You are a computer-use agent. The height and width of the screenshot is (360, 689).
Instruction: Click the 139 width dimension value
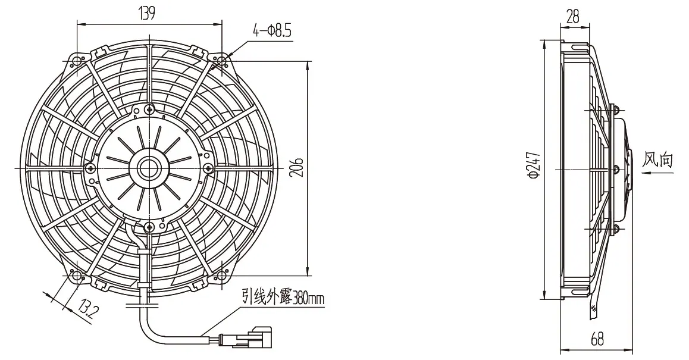[x=147, y=14]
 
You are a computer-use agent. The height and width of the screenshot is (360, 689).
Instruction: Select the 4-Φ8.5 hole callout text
[x=272, y=31]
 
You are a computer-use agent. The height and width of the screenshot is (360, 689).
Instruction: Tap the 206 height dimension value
[x=297, y=165]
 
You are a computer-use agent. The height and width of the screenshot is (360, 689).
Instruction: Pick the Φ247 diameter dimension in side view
[x=534, y=165]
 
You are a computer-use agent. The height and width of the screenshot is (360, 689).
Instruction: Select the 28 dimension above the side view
[x=573, y=17]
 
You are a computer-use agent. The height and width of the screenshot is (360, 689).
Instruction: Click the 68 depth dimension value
[x=597, y=339]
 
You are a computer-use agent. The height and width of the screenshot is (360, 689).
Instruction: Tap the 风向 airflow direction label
[x=657, y=159]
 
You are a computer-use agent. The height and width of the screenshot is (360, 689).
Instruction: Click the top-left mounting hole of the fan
[x=77, y=60]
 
